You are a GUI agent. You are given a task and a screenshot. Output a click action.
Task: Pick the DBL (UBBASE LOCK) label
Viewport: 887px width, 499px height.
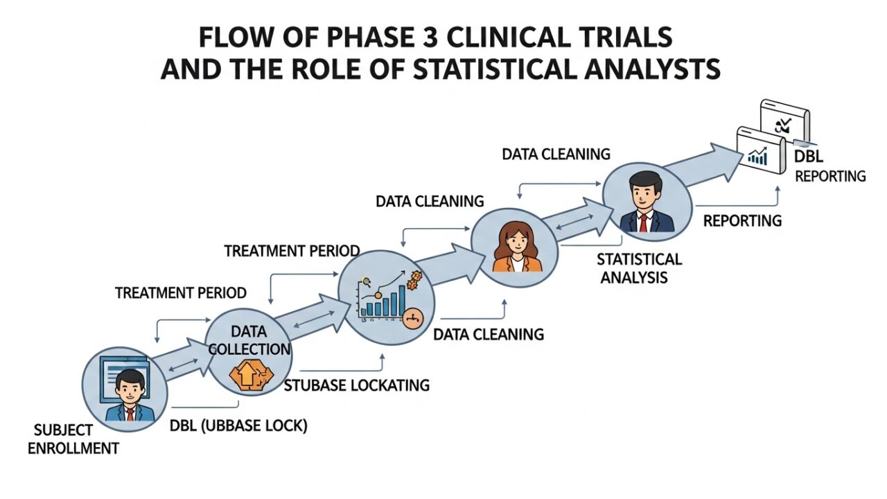pos(238,426)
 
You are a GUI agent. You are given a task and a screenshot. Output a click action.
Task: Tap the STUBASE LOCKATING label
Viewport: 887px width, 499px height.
pos(357,385)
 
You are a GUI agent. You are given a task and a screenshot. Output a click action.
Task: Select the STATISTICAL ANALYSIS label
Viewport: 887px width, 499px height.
pos(638,268)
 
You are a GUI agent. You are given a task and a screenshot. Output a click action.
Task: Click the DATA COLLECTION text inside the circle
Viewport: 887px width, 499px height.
pos(250,341)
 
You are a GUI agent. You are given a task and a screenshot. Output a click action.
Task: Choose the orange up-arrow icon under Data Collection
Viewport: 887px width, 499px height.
pos(246,375)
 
